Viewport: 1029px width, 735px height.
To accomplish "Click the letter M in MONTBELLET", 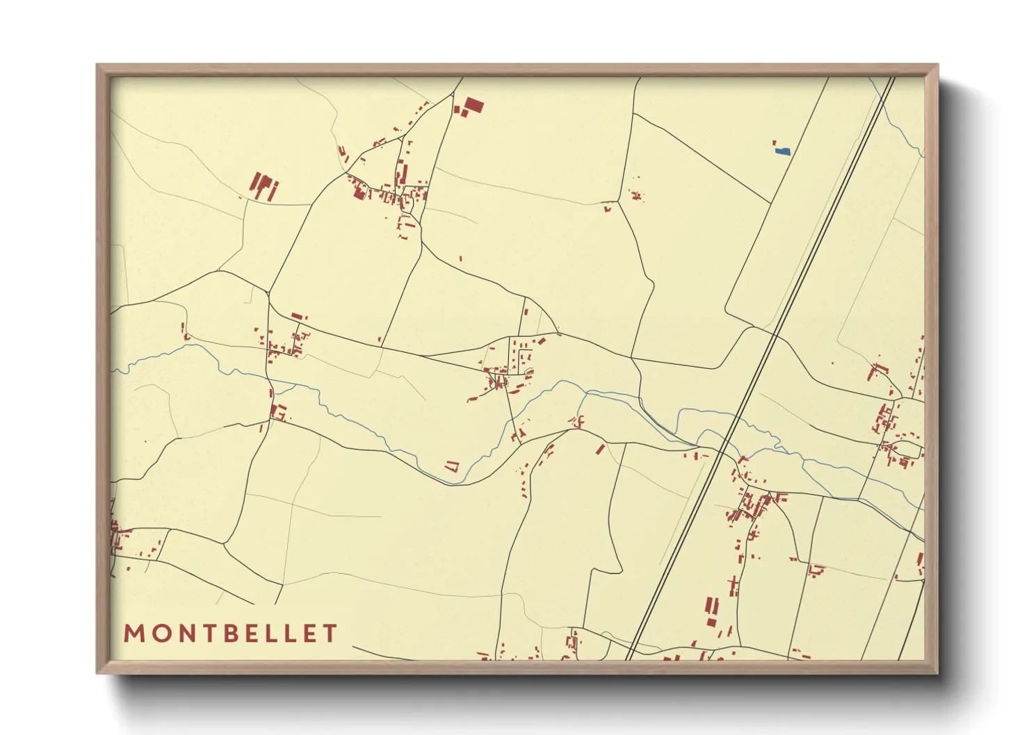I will click(134, 634).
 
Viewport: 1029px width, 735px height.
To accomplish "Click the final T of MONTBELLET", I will click(330, 634).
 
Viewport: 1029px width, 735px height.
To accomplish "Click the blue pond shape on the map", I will click(783, 151).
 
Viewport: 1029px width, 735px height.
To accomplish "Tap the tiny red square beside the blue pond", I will click(775, 143).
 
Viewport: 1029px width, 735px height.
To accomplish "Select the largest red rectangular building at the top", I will click(473, 106).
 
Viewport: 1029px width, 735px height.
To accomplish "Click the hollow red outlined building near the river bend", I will click(453, 466).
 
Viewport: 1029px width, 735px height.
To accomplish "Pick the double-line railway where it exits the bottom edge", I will click(630, 658).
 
